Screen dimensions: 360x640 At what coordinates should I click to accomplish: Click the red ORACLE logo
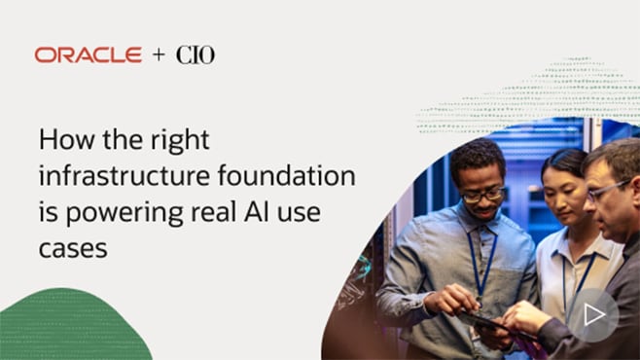click(88, 55)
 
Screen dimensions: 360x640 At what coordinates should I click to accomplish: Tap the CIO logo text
click(195, 55)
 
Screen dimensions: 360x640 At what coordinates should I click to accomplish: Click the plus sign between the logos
click(159, 55)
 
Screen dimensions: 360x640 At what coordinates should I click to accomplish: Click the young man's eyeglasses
click(483, 195)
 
